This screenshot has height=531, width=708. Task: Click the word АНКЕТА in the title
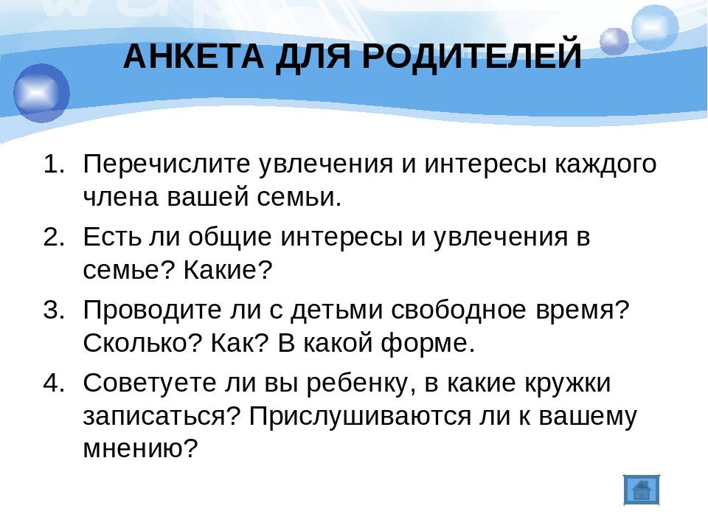pos(194,56)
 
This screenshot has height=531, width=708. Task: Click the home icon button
pos(642,490)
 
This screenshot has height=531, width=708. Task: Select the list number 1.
pos(54,164)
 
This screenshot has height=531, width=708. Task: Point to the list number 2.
pos(54,237)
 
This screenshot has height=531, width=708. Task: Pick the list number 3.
pos(54,310)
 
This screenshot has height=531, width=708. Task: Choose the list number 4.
pos(54,383)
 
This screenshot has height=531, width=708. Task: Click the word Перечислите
pos(167,164)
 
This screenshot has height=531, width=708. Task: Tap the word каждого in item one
pos(605,165)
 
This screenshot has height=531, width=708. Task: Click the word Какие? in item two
pos(228,270)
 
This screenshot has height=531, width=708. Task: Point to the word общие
pos(229,237)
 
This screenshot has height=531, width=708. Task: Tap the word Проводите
pos(153,310)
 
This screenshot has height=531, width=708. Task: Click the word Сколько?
pos(142,344)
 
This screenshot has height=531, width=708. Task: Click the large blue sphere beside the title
pos(41,94)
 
